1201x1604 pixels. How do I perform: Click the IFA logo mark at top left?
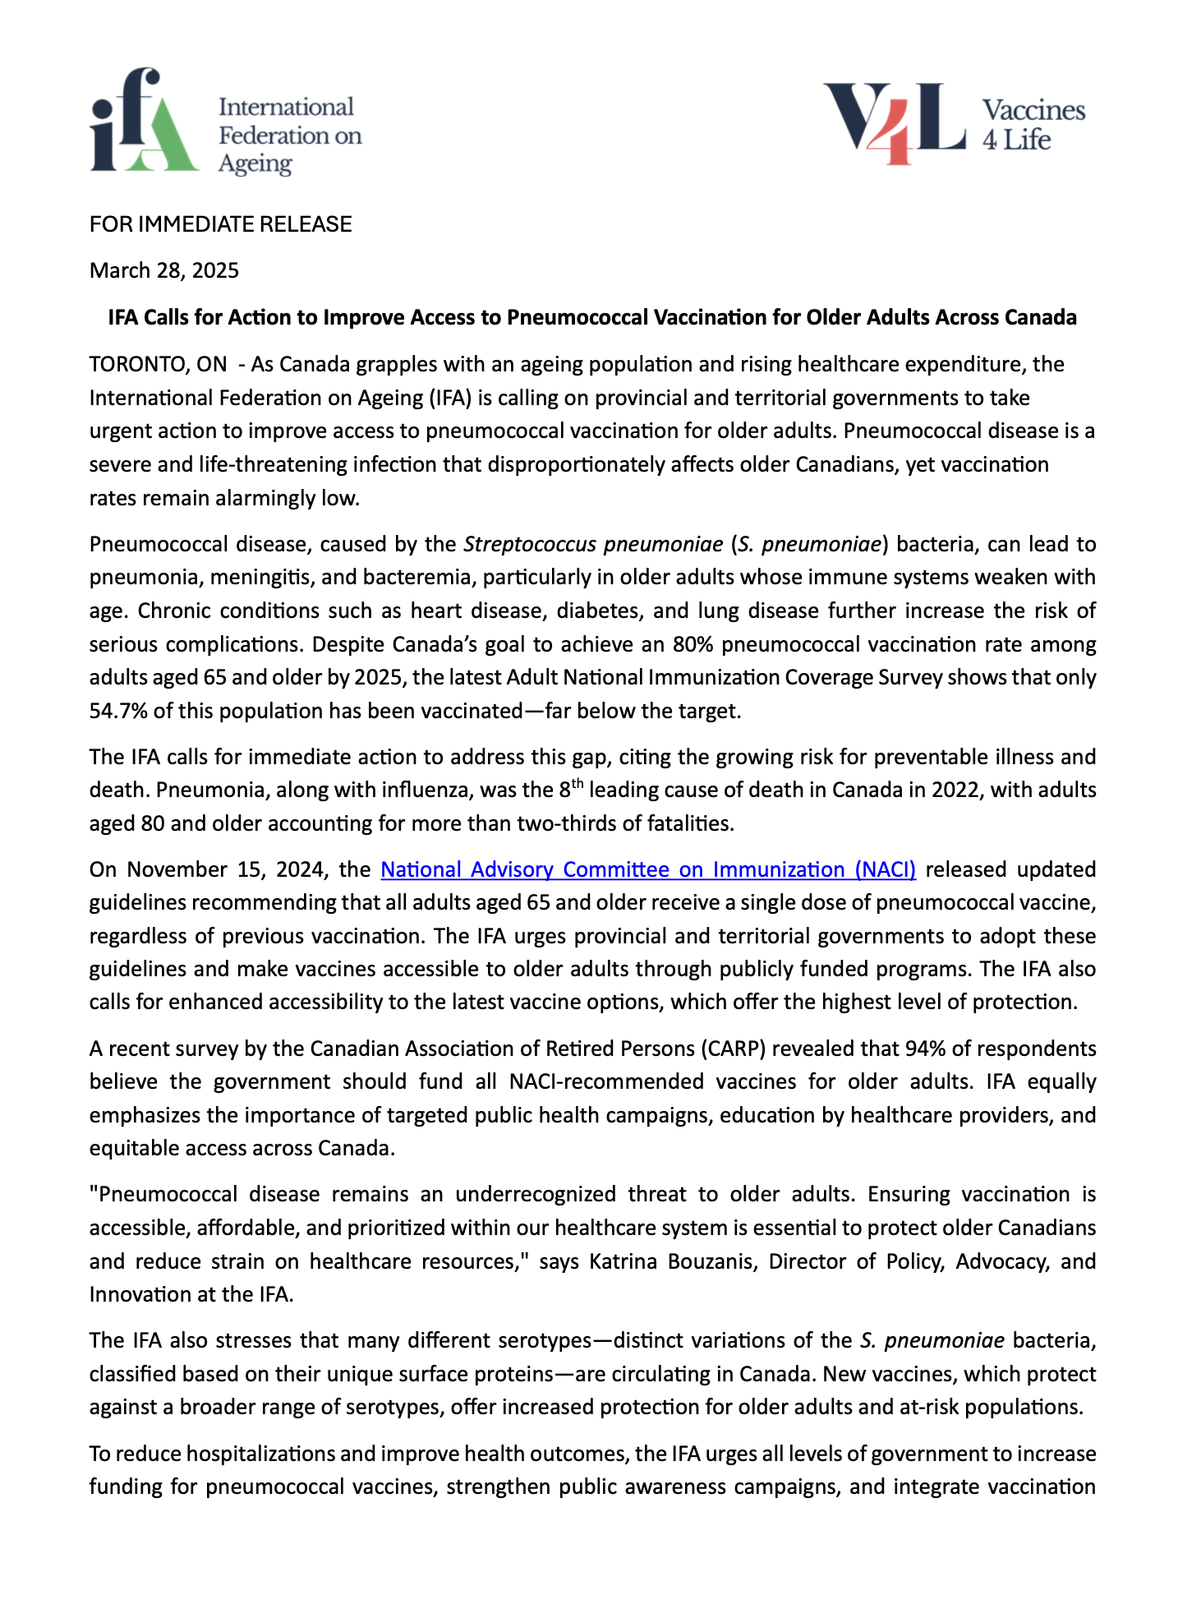coord(144,122)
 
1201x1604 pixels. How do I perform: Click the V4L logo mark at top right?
coord(895,122)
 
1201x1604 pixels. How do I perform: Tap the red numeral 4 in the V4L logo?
coord(898,131)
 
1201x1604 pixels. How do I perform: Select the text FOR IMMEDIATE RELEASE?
coord(220,224)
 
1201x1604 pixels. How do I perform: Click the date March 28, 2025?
coord(164,270)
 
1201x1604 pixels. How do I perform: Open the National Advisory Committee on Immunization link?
coord(648,869)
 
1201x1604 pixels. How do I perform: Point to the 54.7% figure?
coord(118,711)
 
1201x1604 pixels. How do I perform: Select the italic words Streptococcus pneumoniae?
coord(592,544)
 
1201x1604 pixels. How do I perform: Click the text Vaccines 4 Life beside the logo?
coord(1033,125)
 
